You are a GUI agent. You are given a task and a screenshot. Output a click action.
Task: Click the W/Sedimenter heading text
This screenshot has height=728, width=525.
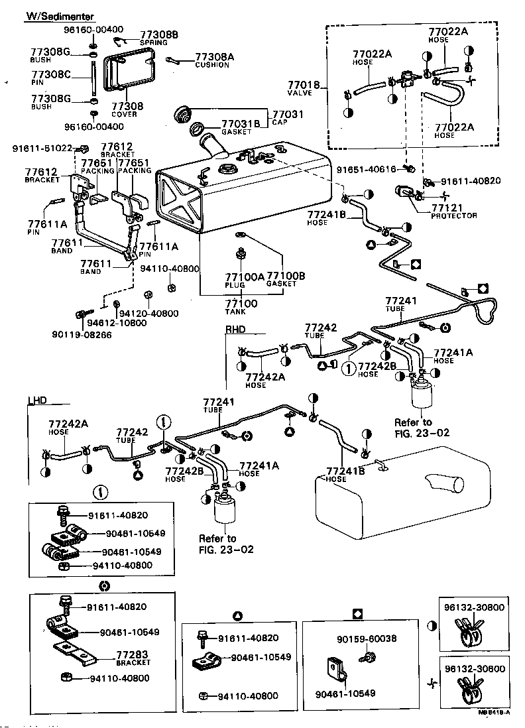(x=59, y=16)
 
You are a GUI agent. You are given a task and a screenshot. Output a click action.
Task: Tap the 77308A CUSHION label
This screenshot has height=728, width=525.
(x=214, y=60)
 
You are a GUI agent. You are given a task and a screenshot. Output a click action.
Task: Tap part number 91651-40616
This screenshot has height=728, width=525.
(x=370, y=169)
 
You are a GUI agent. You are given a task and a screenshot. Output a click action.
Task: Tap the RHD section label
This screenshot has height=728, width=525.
(x=235, y=328)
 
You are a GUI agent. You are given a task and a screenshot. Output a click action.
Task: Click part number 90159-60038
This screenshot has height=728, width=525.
(x=366, y=639)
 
